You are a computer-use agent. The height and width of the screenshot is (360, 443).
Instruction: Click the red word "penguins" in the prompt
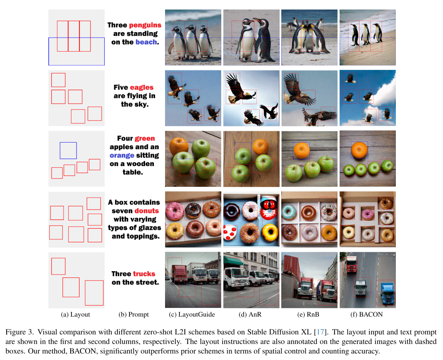145,25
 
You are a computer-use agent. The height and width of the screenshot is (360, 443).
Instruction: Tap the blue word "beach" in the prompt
146,42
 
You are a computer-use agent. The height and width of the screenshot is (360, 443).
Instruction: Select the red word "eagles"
141,88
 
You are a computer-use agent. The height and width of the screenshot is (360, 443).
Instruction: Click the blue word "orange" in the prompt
122,155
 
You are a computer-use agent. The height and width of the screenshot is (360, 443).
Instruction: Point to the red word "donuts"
146,211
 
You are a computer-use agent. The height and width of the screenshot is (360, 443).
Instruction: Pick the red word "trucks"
144,274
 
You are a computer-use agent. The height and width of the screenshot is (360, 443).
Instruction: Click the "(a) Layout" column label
75,315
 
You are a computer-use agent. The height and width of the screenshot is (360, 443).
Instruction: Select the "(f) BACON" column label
367,315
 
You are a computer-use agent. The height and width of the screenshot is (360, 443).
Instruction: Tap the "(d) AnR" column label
250,315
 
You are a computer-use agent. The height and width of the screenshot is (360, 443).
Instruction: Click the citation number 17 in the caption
321,332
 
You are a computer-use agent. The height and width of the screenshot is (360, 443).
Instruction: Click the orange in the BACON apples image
359,150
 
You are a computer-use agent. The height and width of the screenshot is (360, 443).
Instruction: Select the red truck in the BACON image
351,265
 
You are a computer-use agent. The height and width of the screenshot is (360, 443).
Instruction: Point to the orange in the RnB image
302,150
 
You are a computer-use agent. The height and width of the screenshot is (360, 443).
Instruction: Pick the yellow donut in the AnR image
270,232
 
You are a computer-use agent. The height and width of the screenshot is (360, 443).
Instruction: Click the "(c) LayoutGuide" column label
192,315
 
